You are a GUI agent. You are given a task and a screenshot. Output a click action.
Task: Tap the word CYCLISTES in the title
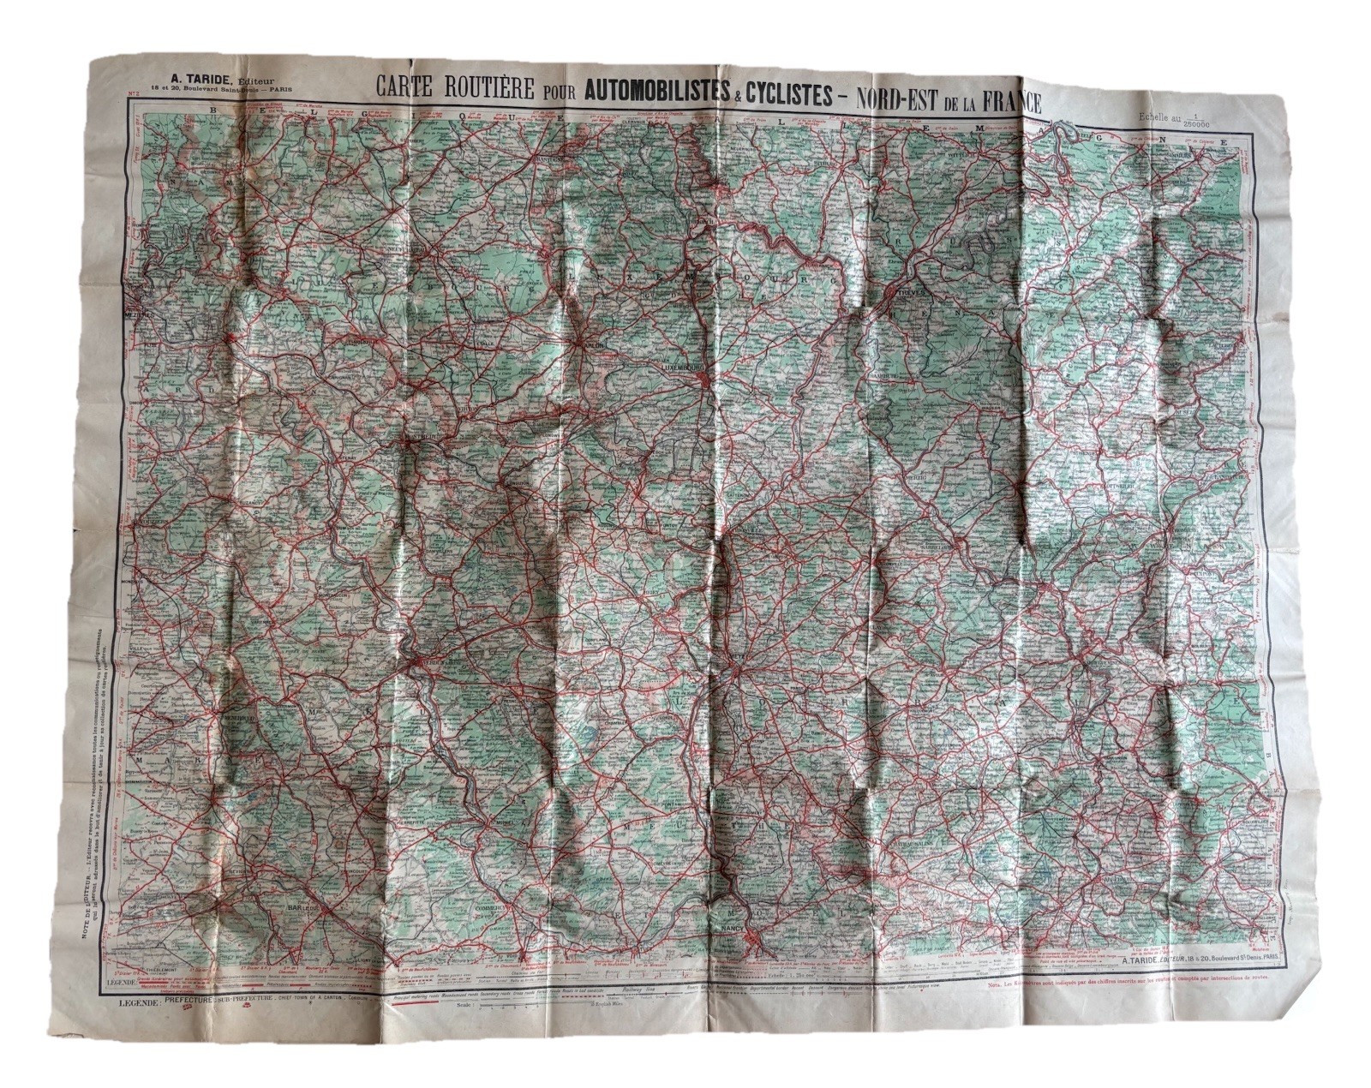(x=787, y=95)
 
